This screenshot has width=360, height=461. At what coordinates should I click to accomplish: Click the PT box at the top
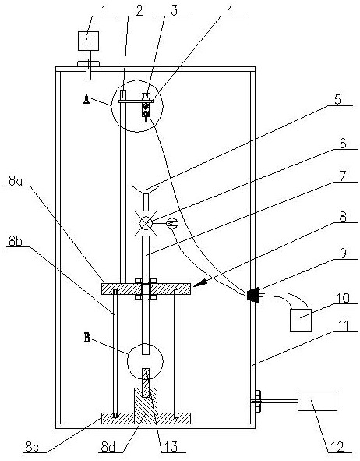coord(88,41)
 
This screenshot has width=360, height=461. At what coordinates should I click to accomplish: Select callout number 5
coord(338,99)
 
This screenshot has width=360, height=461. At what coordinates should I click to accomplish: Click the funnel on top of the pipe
coord(146,190)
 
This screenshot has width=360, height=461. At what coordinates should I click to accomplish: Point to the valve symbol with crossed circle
coord(146,223)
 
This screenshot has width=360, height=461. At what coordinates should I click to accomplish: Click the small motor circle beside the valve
coord(172,224)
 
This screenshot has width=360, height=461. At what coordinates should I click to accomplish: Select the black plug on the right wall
coord(252,295)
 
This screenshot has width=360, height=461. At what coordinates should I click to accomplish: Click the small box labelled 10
coord(301,320)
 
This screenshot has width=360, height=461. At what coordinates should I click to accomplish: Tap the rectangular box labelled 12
coord(317,401)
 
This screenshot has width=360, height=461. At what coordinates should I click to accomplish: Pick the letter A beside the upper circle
coord(86,100)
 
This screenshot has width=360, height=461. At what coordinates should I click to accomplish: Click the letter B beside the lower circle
coord(87,337)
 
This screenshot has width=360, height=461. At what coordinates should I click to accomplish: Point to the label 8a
coord(16,181)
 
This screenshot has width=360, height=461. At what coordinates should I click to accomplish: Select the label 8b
coord(16,241)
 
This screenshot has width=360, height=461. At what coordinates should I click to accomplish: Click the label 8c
coord(32,447)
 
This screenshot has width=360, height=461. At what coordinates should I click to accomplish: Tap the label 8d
coord(108,447)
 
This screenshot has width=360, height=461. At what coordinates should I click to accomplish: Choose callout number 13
coord(171,447)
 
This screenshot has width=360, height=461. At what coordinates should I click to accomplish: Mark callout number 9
coord(343,254)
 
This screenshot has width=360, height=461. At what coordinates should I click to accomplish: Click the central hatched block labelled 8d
coord(146,406)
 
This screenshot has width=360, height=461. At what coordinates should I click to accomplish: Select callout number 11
coord(342,325)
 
